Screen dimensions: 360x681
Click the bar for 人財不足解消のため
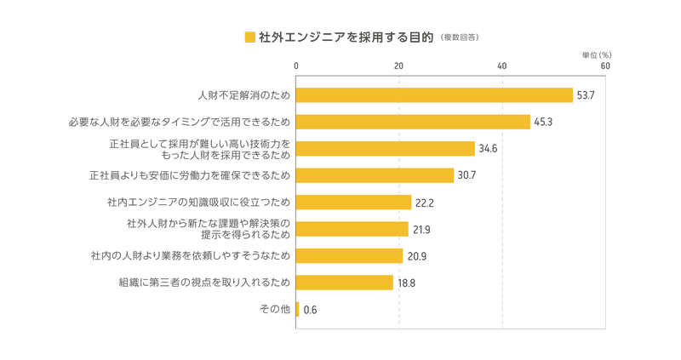tap(434, 94)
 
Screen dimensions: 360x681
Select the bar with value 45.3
tap(413, 122)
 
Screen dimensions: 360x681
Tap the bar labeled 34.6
tap(385, 149)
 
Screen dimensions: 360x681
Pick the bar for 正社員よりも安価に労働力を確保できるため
tap(375, 175)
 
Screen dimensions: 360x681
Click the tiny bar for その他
tap(297, 310)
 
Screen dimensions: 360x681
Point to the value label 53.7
tap(586, 95)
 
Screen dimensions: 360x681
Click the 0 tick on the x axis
tap(296, 66)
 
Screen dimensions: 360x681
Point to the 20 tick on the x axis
tap(398, 66)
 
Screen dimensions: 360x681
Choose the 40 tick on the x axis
tap(502, 66)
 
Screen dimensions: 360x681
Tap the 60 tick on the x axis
tap(605, 66)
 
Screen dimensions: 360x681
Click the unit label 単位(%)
tap(598, 54)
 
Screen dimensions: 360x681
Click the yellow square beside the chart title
tap(249, 37)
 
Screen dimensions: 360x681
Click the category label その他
tap(275, 309)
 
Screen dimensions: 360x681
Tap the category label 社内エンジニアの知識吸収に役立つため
tap(199, 203)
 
